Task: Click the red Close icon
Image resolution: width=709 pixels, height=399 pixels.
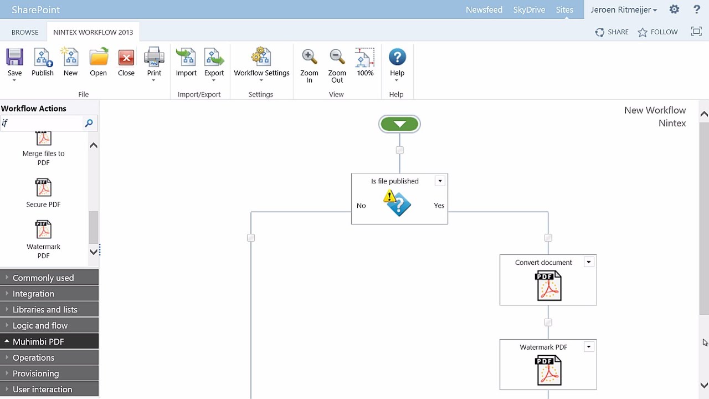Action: pyautogui.click(x=126, y=58)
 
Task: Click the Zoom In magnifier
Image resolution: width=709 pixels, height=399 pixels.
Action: pyautogui.click(x=309, y=58)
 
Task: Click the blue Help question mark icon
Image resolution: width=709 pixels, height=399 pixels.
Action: pyautogui.click(x=397, y=57)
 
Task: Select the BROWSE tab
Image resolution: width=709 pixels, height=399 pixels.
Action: pyautogui.click(x=25, y=32)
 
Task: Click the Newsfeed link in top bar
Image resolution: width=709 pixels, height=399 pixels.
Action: pyautogui.click(x=484, y=10)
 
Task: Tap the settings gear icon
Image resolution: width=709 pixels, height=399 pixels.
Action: pyautogui.click(x=674, y=9)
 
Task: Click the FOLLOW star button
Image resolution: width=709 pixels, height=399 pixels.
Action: pyautogui.click(x=657, y=32)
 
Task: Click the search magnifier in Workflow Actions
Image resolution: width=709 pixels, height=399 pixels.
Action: pyautogui.click(x=89, y=123)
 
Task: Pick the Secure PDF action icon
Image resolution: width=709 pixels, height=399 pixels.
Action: pyautogui.click(x=43, y=188)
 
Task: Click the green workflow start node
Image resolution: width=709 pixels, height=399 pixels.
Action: pyautogui.click(x=399, y=124)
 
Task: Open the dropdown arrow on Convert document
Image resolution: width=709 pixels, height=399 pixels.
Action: pyautogui.click(x=589, y=263)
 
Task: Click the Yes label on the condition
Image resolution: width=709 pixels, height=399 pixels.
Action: pyautogui.click(x=439, y=206)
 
